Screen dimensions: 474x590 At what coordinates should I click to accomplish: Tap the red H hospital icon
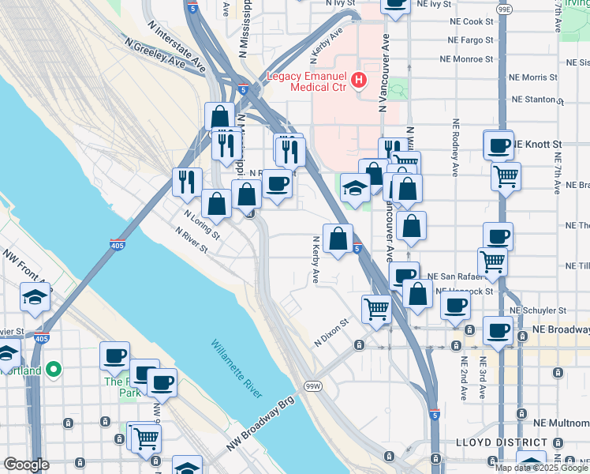360,79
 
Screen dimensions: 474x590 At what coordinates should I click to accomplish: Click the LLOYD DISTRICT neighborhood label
502,443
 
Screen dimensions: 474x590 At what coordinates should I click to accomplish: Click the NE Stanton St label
539,100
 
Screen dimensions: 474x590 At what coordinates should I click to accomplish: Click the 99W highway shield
313,386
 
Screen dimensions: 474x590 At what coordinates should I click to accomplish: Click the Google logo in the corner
26,465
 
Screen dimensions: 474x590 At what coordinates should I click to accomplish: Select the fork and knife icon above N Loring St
187,181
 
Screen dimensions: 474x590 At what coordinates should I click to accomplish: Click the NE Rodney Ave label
455,146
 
